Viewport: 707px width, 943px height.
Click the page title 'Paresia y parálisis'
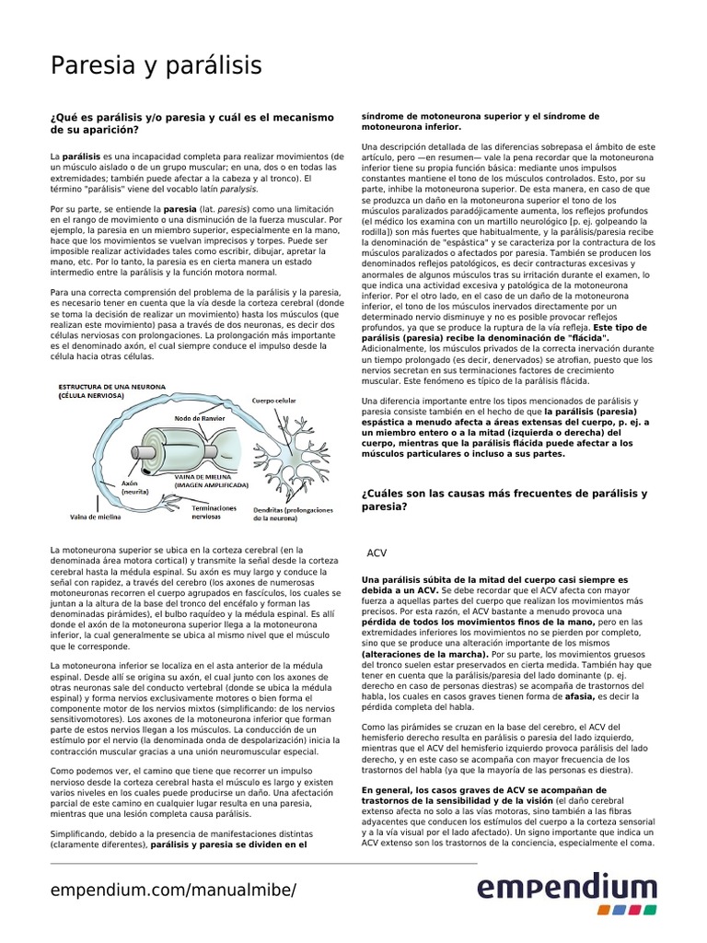pyautogui.click(x=156, y=65)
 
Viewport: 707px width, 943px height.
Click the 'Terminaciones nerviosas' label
pyautogui.click(x=214, y=513)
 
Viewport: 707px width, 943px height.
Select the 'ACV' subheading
pyautogui.click(x=377, y=553)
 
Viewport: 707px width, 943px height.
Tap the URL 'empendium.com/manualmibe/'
pyautogui.click(x=173, y=891)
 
